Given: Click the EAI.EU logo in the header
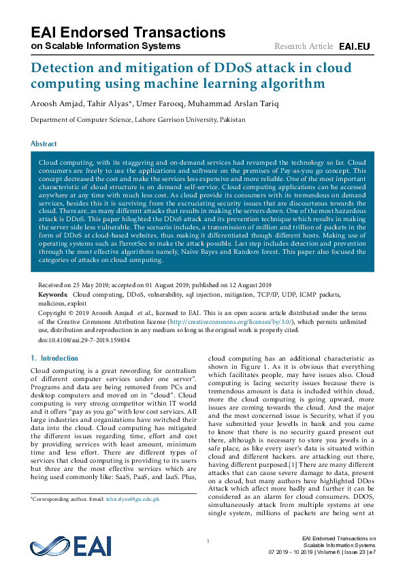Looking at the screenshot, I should pos(354,46).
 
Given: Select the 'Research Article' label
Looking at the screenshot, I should pos(304,46).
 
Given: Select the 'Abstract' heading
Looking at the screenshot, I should pos(43,144).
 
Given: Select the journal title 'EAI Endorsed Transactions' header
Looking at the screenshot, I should pos(128,32).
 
